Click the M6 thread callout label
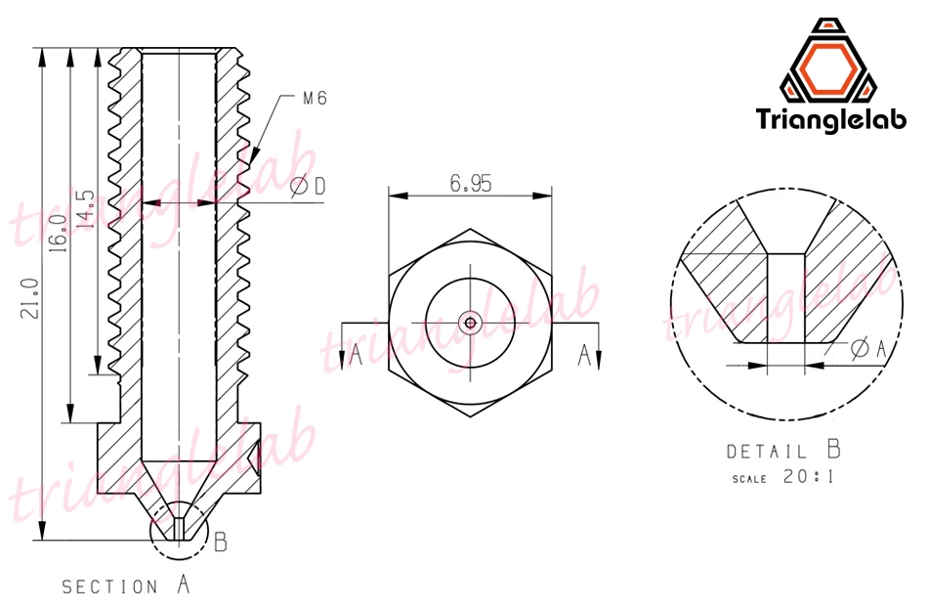[315, 99]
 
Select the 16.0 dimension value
[58, 234]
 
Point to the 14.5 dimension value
[86, 209]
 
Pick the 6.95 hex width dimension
[471, 184]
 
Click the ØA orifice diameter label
[868, 349]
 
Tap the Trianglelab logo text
[831, 118]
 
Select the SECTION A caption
[126, 586]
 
